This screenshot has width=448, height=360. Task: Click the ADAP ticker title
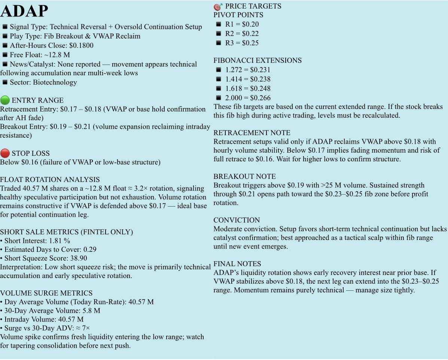24,11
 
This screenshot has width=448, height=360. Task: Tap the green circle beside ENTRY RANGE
5,100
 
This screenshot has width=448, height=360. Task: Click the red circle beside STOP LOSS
5,153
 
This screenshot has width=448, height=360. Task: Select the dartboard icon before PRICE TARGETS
218,6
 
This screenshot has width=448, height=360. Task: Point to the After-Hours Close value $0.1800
81,46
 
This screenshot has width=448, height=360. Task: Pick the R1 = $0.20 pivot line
242,24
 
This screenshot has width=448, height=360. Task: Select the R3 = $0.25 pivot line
242,43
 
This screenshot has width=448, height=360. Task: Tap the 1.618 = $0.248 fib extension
247,89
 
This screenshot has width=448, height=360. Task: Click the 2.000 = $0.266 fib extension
247,98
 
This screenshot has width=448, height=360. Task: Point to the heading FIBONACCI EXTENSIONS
257,61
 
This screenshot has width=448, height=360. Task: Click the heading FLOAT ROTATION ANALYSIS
50,180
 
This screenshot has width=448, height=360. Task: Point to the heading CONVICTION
237,220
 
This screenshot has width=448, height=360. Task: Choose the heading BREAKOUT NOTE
244,177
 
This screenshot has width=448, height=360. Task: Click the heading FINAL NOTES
237,264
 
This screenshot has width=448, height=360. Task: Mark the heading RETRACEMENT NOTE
252,133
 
